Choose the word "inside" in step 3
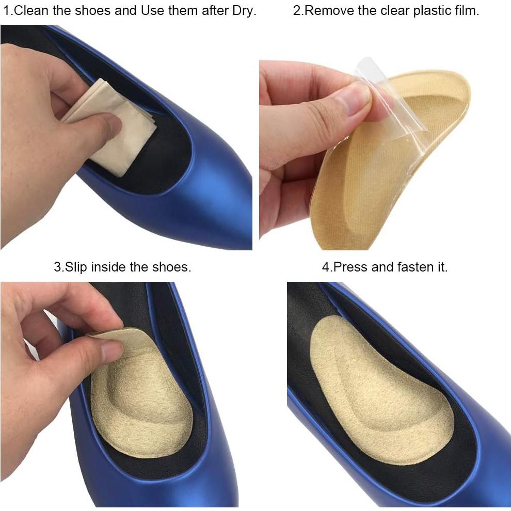(107, 267)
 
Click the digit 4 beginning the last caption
(325, 267)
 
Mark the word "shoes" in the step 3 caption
(172, 267)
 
